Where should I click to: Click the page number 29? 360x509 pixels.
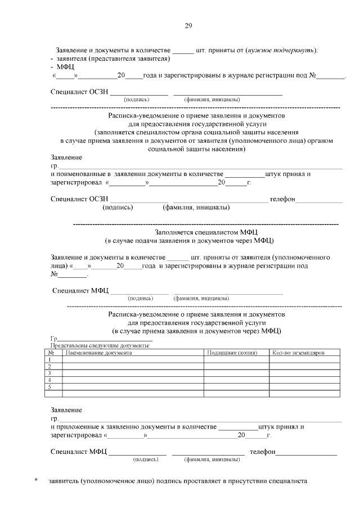(189, 25)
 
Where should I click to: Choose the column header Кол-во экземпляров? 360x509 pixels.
(298, 353)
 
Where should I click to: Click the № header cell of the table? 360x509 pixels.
(50, 353)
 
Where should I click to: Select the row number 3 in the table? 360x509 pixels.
(50, 373)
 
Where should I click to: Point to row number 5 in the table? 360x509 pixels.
(50, 386)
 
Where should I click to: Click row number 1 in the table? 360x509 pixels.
(50, 359)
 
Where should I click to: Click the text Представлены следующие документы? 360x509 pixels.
(100, 345)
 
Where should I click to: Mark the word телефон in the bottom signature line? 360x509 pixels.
(262, 452)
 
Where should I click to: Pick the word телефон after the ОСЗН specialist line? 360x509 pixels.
(282, 200)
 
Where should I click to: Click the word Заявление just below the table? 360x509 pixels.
(66, 410)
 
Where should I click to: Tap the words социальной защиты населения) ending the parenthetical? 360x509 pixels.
(197, 150)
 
